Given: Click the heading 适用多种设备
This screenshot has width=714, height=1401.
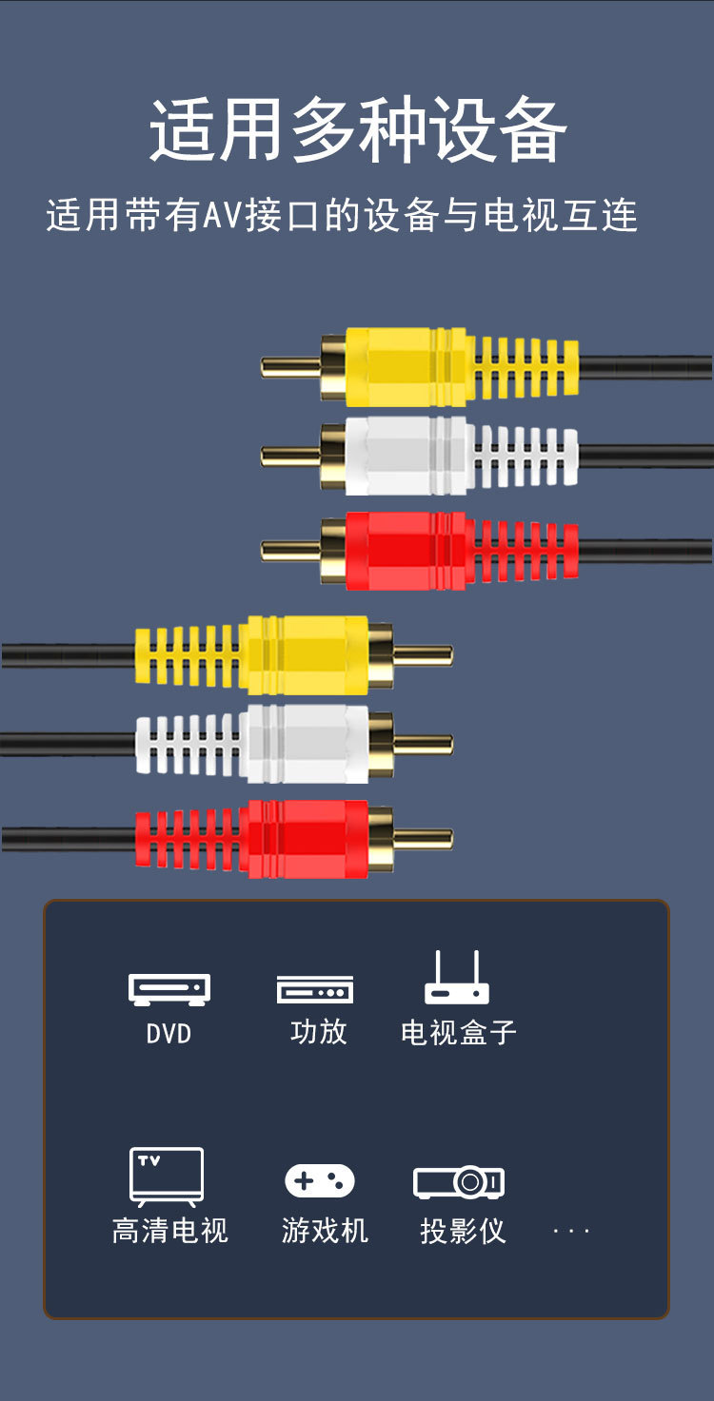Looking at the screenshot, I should tap(357, 130).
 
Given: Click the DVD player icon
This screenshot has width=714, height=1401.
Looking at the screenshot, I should tap(169, 989).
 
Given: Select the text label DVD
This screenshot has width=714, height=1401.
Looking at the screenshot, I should tap(169, 1034).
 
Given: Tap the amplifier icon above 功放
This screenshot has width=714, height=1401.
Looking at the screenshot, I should tap(315, 989).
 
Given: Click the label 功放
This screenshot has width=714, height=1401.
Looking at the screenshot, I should tap(318, 1032).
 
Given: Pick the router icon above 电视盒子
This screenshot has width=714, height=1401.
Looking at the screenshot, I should tap(457, 979).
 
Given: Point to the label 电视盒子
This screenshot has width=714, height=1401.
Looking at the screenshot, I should tap(458, 1033).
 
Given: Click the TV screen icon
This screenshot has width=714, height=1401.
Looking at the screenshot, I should tap(167, 1177).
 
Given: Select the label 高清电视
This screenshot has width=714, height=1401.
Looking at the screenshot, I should tap(170, 1231).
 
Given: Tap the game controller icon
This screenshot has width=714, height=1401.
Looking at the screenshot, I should tap(320, 1181).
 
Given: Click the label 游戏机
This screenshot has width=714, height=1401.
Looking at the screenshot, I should tap(325, 1231).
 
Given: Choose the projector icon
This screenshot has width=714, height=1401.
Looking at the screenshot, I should tap(459, 1182).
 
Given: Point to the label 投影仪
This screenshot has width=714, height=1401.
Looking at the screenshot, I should tap(462, 1231).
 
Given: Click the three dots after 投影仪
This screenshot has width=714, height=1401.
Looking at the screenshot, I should tap(571, 1232).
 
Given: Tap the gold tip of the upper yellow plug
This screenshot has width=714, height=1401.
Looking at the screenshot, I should tap(290, 367).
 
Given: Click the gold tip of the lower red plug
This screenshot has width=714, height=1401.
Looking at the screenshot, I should tap(424, 839).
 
